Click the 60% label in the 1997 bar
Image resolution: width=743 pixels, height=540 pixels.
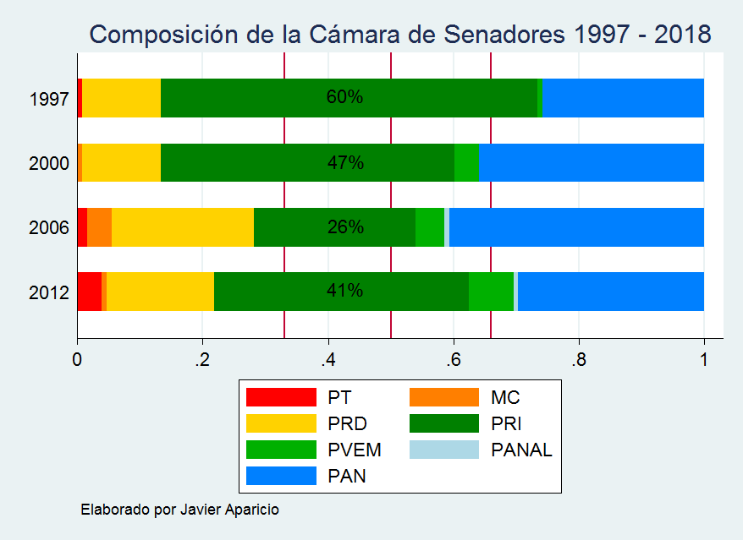pyautogui.click(x=344, y=97)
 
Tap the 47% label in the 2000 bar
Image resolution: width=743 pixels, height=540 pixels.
pyautogui.click(x=345, y=162)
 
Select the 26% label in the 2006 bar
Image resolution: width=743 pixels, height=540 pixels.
pyautogui.click(x=345, y=226)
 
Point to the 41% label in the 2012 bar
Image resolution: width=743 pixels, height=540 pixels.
pyautogui.click(x=344, y=291)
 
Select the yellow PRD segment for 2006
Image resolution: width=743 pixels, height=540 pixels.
pyautogui.click(x=183, y=226)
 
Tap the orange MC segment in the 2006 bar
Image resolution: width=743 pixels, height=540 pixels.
pyautogui.click(x=100, y=226)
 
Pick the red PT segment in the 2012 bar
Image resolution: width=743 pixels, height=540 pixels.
pyautogui.click(x=89, y=291)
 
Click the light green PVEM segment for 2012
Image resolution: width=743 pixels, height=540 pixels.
pyautogui.click(x=491, y=291)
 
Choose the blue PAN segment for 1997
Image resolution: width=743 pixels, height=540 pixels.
pyautogui.click(x=623, y=97)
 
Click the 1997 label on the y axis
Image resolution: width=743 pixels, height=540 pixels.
pyautogui.click(x=48, y=99)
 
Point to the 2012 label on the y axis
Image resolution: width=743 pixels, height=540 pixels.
pyautogui.click(x=48, y=292)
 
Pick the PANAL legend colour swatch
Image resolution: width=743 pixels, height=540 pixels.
pyautogui.click(x=443, y=450)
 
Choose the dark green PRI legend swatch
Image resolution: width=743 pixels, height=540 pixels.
pyautogui.click(x=443, y=423)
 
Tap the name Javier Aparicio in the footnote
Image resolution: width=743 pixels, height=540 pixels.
pyautogui.click(x=228, y=510)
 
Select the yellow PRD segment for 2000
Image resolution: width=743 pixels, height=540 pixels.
pyautogui.click(x=122, y=162)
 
